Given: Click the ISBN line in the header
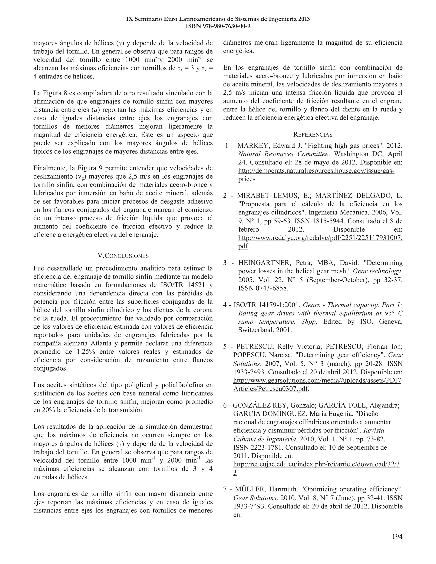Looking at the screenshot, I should click(218, 26).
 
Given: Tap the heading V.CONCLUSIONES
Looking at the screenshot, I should click(123, 256).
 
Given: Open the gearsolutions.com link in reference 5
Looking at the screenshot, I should click(317, 380).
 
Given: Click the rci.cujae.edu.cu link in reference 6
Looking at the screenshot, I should click(316, 464).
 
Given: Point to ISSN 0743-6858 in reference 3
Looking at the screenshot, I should click(263, 288).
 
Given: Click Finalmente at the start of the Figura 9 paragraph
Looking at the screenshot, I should click(51, 168).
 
